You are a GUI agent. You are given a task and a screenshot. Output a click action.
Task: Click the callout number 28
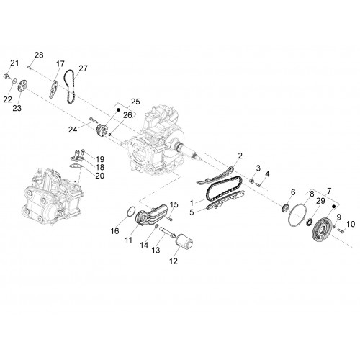coord(39,55)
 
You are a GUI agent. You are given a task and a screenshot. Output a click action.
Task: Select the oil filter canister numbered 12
coord(184,242)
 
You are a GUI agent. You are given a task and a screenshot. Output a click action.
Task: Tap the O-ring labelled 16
coord(130,212)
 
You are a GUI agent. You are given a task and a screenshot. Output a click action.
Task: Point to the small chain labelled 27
coord(69,86)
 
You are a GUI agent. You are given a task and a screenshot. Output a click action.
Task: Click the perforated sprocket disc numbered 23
coord(22,86)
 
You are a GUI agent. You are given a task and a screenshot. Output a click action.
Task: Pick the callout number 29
coord(320,201)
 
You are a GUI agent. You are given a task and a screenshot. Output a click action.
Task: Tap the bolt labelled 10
coord(341,231)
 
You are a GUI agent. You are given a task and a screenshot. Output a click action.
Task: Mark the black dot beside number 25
coord(118,110)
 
